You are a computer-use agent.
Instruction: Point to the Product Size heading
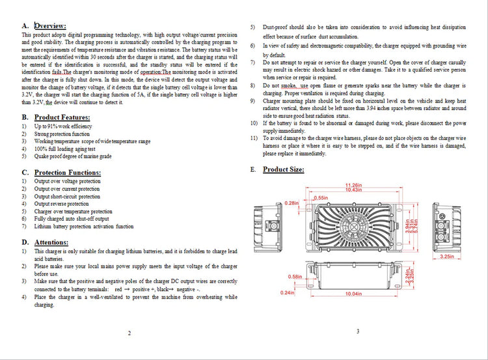pyautogui.click(x=283, y=169)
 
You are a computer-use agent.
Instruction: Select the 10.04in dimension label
pyautogui.click(x=353, y=294)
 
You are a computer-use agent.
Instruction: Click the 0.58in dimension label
pyautogui.click(x=293, y=277)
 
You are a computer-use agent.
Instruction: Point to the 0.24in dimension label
pyautogui.click(x=289, y=293)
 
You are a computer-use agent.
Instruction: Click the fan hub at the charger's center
pyautogui.click(x=354, y=225)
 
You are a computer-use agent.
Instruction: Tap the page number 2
pyautogui.click(x=129, y=333)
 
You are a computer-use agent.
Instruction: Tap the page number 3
pyautogui.click(x=358, y=331)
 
